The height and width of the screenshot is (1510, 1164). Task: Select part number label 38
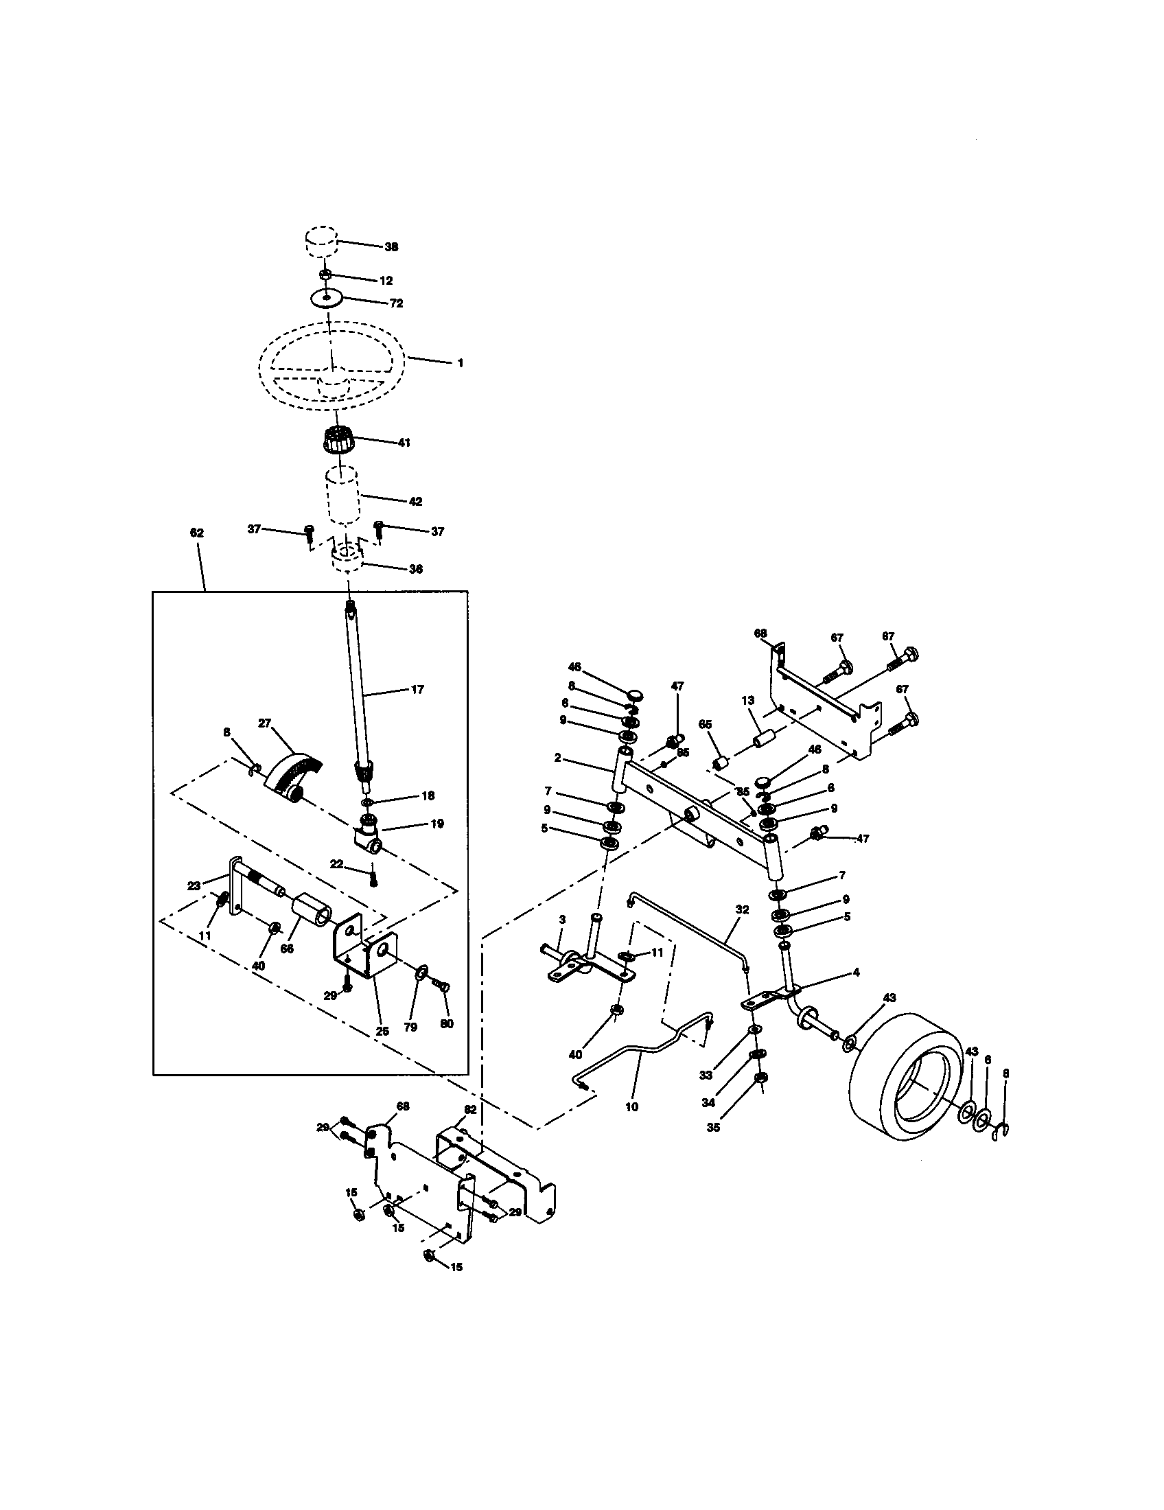(391, 247)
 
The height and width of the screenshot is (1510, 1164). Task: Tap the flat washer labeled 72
(327, 299)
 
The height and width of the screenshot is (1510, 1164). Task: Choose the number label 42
(415, 501)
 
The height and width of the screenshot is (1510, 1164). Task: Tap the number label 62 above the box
(196, 533)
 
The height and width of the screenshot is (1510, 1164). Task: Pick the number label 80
(447, 1024)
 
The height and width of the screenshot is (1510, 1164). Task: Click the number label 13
(747, 700)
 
